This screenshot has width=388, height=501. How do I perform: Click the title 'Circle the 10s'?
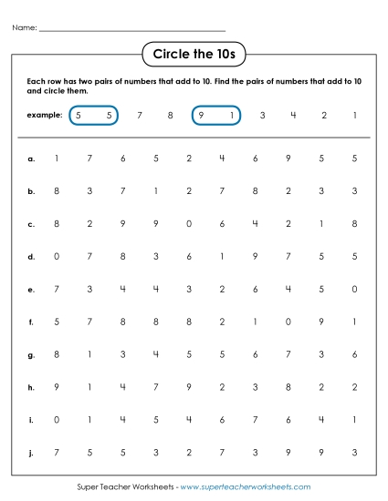(194, 55)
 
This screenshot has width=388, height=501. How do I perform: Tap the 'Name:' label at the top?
(25, 28)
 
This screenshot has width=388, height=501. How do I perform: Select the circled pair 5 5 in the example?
(94, 116)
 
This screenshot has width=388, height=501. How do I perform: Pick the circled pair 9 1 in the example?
(216, 116)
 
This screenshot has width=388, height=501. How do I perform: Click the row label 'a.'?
(31, 158)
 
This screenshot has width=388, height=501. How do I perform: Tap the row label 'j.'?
(31, 452)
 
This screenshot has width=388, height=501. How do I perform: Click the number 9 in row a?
(288, 158)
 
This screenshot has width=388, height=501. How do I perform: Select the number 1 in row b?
(155, 191)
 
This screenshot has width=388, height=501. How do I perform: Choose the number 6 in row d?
(189, 257)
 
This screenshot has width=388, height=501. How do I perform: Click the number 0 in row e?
(354, 289)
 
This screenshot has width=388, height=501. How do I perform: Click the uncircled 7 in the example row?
(139, 116)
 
